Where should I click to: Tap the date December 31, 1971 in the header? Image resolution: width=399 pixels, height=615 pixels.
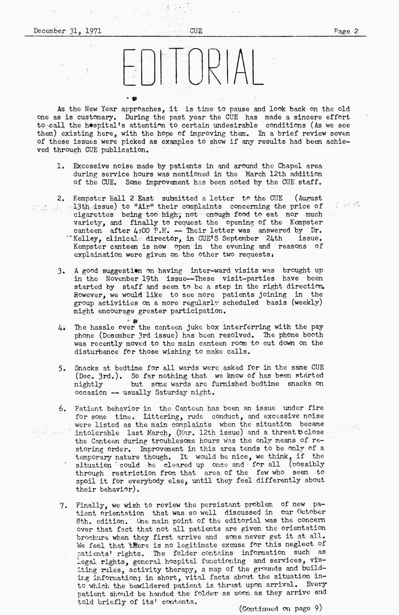tap(67, 31)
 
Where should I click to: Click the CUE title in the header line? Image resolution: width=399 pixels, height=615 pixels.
tap(196, 31)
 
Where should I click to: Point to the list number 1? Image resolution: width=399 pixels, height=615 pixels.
tap(59, 166)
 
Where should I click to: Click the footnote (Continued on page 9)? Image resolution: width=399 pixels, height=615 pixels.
tap(280, 608)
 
